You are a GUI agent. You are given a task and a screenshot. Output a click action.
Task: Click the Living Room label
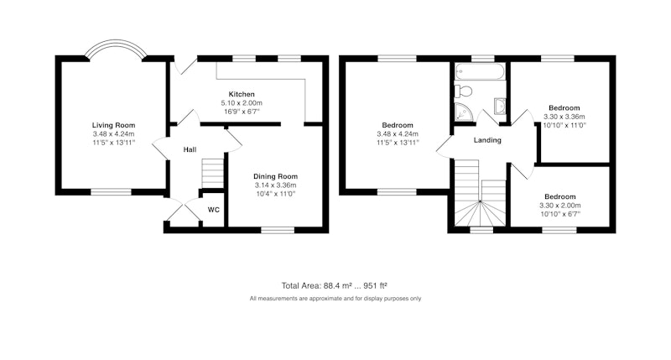pos(113,125)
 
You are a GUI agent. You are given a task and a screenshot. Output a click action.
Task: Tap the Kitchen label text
pos(242,94)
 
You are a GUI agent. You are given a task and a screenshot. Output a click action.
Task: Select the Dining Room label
pos(275,176)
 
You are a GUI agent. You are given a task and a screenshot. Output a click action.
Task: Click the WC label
pos(214,210)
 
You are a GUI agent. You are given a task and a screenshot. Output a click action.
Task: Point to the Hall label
pos(190,149)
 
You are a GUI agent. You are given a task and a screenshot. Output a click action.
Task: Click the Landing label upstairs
pos(487,140)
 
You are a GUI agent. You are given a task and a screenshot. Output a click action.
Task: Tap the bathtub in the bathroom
pos(480,71)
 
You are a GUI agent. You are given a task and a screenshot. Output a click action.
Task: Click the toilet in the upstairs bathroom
pos(463,91)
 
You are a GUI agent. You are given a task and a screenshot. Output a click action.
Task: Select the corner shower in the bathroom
pos(464,112)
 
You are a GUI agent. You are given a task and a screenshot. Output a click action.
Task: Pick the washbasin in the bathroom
pos(499,107)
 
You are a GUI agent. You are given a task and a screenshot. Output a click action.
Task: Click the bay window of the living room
pos(116,49)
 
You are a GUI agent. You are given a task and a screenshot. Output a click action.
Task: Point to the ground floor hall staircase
pos(213,174)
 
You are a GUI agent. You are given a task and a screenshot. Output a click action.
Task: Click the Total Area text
pos(334,285)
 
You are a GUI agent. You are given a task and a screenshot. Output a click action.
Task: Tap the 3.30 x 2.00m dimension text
pos(559,206)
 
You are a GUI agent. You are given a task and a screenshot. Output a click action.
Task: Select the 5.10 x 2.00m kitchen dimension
pos(242,103)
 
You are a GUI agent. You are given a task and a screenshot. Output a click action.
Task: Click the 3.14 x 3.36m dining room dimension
pos(275,185)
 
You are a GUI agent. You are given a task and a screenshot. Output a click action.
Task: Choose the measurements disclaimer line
pos(335,299)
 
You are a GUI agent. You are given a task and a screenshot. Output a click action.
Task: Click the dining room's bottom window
pos(278,230)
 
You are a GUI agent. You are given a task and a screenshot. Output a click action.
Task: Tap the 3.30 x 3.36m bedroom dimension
pos(564,117)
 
